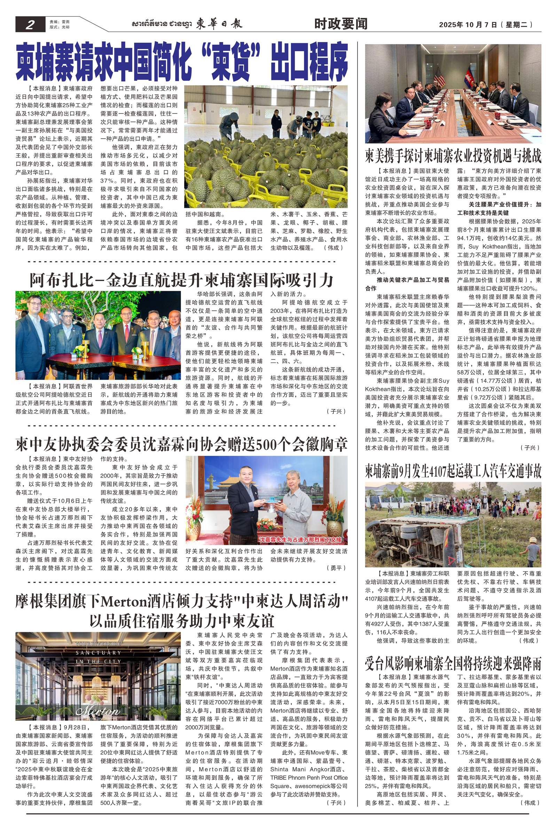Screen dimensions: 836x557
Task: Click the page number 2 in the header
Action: pyautogui.click(x=30, y=24)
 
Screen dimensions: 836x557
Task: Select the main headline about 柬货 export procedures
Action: pyautogui.click(x=181, y=61)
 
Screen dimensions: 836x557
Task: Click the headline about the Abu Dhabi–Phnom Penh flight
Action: pyautogui.click(x=181, y=280)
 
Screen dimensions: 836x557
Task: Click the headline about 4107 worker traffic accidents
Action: pyautogui.click(x=453, y=472)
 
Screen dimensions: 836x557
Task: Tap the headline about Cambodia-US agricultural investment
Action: pyautogui.click(x=453, y=156)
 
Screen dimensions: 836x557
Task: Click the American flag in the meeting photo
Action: pyautogui.click(x=440, y=76)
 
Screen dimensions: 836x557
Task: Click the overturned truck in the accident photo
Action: pyautogui.click(x=426, y=533)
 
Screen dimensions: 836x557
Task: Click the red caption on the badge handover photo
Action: pyautogui.click(x=300, y=540)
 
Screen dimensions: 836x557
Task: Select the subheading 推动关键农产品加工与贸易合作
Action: pyautogui.click(x=407, y=284)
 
